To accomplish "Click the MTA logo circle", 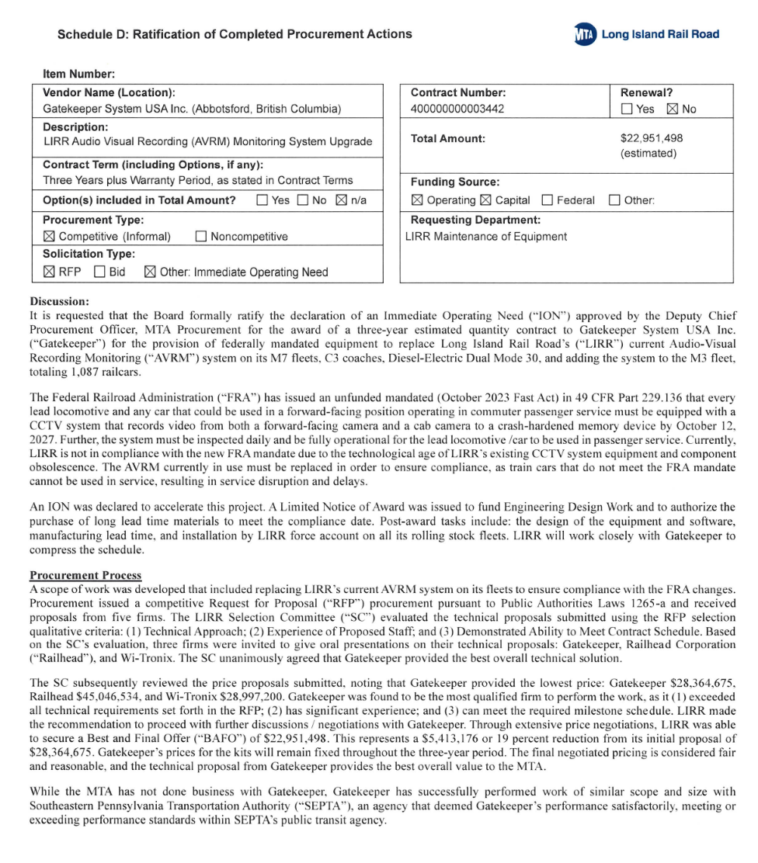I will click(x=583, y=34).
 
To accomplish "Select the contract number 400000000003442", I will click(x=457, y=109).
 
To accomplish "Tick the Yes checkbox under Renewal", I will click(x=626, y=109).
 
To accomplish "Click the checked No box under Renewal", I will click(x=673, y=109).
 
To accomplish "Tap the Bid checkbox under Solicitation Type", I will click(x=99, y=272).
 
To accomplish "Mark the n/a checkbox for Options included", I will click(x=341, y=200).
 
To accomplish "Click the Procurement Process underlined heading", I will click(x=85, y=575).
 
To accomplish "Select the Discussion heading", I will click(x=59, y=301).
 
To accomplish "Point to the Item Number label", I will click(x=79, y=75).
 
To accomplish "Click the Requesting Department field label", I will click(x=475, y=220).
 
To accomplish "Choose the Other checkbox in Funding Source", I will click(x=614, y=200).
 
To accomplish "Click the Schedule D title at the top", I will click(x=235, y=34).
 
